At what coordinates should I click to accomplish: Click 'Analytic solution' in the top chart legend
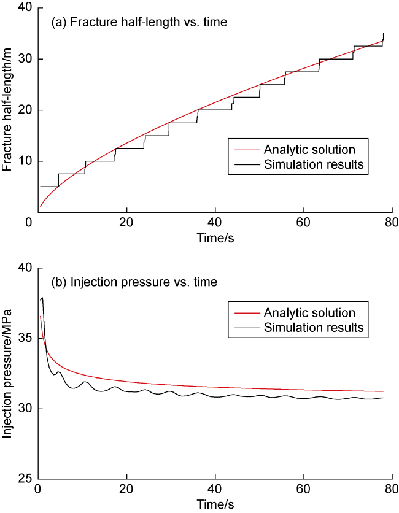point(309,149)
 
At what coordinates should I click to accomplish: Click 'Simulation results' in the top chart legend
point(314,164)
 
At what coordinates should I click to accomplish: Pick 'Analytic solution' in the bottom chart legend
point(309,312)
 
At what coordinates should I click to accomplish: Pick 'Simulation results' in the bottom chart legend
point(314,328)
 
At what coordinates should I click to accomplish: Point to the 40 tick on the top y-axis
point(25,8)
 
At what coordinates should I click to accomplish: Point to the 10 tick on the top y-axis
point(25,161)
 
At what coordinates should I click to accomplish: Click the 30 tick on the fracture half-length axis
point(25,59)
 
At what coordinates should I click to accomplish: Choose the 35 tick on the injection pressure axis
point(25,338)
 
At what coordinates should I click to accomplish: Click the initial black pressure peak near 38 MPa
point(42,298)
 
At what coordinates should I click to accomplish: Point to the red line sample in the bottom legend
point(244,313)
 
